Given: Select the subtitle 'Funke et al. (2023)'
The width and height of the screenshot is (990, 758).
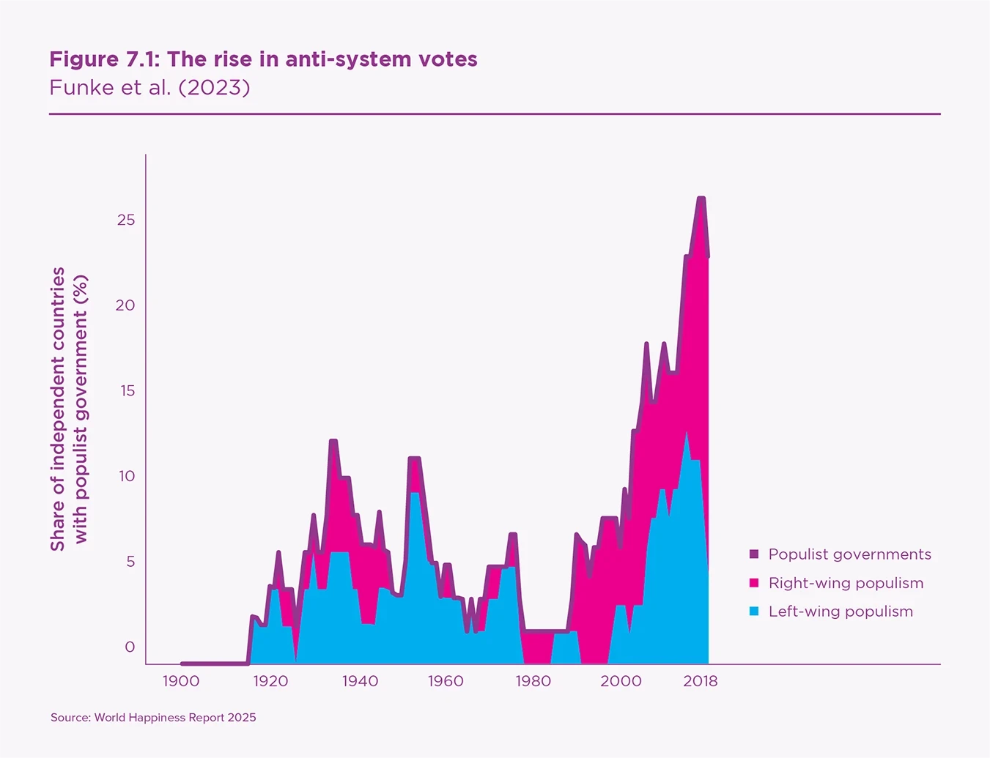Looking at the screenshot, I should click(149, 88).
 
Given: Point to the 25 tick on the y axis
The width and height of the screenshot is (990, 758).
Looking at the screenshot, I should click(126, 220).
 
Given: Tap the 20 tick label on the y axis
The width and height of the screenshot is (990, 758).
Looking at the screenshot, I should click(125, 305).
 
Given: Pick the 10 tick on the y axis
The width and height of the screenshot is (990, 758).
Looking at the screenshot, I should click(126, 476).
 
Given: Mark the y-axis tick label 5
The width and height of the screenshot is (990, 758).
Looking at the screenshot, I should click(130, 562).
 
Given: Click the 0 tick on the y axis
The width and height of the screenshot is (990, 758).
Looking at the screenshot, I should click(130, 647).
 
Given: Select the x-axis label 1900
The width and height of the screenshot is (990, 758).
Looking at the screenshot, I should click(180, 681).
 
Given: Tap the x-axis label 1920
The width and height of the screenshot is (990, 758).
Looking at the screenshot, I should click(270, 681).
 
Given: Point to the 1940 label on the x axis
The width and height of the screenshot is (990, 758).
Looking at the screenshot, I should click(360, 681).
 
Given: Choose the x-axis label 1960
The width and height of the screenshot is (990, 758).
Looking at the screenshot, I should click(446, 681).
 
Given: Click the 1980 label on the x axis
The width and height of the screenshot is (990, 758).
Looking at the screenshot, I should click(533, 681).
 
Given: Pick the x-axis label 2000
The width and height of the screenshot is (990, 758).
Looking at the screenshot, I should click(621, 681).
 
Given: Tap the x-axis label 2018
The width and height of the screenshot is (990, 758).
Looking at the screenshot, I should click(701, 681).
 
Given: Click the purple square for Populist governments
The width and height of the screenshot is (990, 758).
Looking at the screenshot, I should click(754, 554).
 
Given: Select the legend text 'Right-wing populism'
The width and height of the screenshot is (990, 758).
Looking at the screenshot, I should click(846, 583).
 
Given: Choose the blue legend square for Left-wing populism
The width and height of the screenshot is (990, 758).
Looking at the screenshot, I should click(754, 612).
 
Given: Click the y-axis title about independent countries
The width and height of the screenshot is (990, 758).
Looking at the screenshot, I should click(69, 409).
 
